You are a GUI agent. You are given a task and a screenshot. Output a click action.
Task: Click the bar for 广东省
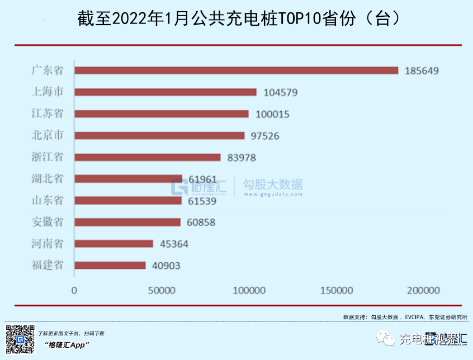pos(236,70)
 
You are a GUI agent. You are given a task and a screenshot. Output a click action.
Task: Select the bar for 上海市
pos(165,92)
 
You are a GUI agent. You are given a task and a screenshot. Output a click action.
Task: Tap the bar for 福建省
pos(110,266)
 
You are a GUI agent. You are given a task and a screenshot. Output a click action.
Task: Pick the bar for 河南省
pos(113,244)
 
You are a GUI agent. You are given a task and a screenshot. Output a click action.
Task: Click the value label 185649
pos(422,71)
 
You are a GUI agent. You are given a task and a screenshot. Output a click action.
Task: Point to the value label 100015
pos(272,114)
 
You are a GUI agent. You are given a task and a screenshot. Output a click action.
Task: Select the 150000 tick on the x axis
pos(336,291)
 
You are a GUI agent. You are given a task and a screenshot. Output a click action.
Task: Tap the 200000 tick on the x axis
pos(423,291)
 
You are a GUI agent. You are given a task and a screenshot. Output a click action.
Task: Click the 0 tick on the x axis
pos(74,291)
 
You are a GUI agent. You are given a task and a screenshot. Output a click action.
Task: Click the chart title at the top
pos(236,20)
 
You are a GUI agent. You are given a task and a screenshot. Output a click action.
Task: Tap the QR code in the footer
pos(19,339)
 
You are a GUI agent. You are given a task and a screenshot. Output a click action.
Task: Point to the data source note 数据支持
pos(405,317)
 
